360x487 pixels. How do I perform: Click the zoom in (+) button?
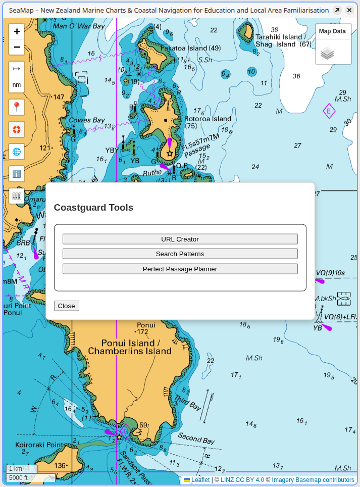pyautogui.click(x=17, y=31)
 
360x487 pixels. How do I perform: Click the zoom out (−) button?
pyautogui.click(x=17, y=47)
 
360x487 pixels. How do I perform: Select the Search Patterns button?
pyautogui.click(x=180, y=254)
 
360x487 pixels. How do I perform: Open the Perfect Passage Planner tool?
pyautogui.click(x=180, y=269)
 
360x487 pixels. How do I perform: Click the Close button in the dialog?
pyautogui.click(x=66, y=306)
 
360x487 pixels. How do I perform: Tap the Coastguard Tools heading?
pyautogui.click(x=93, y=208)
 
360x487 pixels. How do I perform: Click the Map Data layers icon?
pyautogui.click(x=327, y=53)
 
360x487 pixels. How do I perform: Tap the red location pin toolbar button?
pyautogui.click(x=17, y=107)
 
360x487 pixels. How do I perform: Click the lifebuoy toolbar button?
pyautogui.click(x=17, y=129)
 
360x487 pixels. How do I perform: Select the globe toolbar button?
pyautogui.click(x=17, y=152)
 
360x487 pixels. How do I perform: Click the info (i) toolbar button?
pyautogui.click(x=17, y=174)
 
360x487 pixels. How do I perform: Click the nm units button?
pyautogui.click(x=17, y=85)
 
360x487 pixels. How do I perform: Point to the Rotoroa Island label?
pyautogui.click(x=208, y=119)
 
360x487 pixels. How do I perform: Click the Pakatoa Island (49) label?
pyautogui.click(x=190, y=48)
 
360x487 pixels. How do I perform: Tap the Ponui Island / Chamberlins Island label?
pyautogui.click(x=130, y=347)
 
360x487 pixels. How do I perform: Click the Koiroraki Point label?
pyautogui.click(x=38, y=445)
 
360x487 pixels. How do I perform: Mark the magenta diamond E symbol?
pyautogui.click(x=329, y=111)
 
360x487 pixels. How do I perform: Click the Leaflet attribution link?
pyautogui.click(x=200, y=480)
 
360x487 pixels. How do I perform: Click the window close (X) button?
pyautogui.click(x=349, y=10)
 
